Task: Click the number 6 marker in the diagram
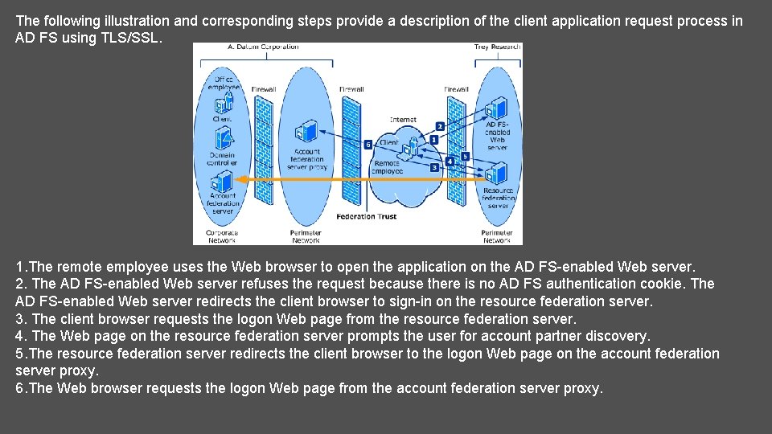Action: click(x=368, y=145)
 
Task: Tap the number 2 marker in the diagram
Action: click(x=440, y=126)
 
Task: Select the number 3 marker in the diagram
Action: click(x=434, y=168)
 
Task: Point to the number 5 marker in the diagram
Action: click(x=465, y=156)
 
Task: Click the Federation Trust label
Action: click(x=367, y=216)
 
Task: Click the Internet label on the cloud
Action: click(x=403, y=120)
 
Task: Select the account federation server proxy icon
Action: click(x=306, y=133)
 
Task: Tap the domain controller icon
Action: click(x=223, y=141)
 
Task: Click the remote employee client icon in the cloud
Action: click(x=412, y=148)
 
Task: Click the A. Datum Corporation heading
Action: click(x=263, y=47)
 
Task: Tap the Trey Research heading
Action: click(x=497, y=47)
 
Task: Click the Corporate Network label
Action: click(x=221, y=236)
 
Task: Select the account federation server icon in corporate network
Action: click(x=223, y=182)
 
